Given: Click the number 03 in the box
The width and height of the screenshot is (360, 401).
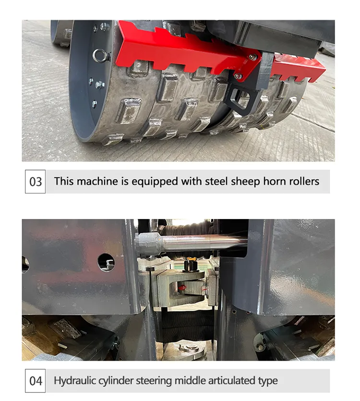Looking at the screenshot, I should pos(36,182).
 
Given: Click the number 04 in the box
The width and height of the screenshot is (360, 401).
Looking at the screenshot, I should pos(36,381).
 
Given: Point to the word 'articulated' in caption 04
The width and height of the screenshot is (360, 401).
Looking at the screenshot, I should pos(228,381).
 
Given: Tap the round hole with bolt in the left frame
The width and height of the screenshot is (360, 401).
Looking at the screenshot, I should pos(107,262).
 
